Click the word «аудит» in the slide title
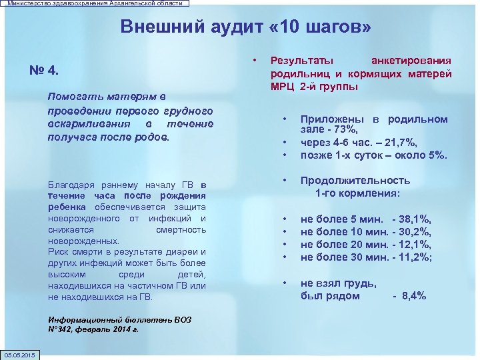pos(214,27)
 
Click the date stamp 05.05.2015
pos(21,355)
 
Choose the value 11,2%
pos(416,257)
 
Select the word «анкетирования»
pos(411,61)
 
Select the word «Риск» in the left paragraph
pos(59,252)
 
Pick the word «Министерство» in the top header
pos(31,3)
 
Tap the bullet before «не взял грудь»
pos(286,282)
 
